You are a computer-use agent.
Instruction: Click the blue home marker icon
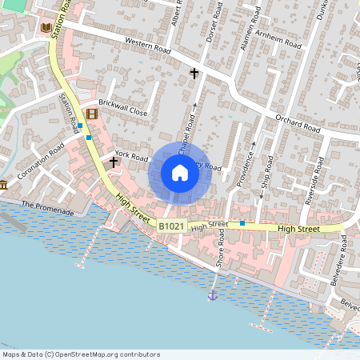point(179,173)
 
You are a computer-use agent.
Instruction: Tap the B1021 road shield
point(170,227)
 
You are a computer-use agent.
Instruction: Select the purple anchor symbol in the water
point(213,295)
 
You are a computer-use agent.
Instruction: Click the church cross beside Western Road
point(194,74)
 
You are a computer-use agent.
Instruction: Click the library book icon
point(46,28)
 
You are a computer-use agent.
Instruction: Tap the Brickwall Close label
point(123,108)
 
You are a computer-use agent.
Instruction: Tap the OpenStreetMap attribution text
point(80,354)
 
